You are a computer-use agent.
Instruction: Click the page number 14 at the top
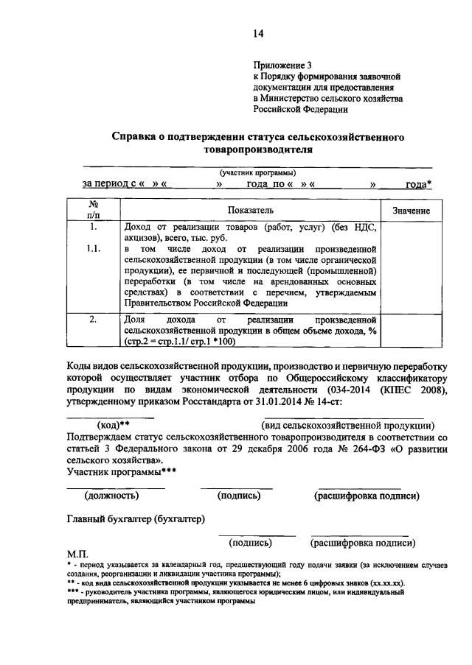[x=258, y=33]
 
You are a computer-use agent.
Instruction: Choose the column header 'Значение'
[x=412, y=211]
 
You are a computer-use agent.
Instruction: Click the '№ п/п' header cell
[x=94, y=209]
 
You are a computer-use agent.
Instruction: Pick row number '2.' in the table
[x=94, y=320]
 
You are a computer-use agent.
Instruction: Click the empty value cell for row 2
[x=412, y=330]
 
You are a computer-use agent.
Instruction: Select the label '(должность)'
[x=116, y=496]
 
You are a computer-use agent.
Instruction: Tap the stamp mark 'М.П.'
[x=77, y=553]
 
